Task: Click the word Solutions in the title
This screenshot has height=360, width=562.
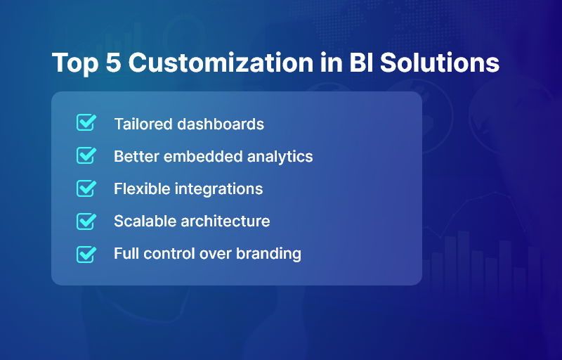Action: click(440, 63)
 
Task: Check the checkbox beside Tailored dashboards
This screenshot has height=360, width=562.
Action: click(86, 123)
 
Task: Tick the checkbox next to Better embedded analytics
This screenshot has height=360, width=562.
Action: click(86, 155)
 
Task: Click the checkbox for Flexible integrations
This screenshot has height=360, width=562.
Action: click(86, 188)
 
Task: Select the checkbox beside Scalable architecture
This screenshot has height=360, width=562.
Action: click(86, 221)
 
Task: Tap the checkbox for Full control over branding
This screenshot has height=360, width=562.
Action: click(86, 253)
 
